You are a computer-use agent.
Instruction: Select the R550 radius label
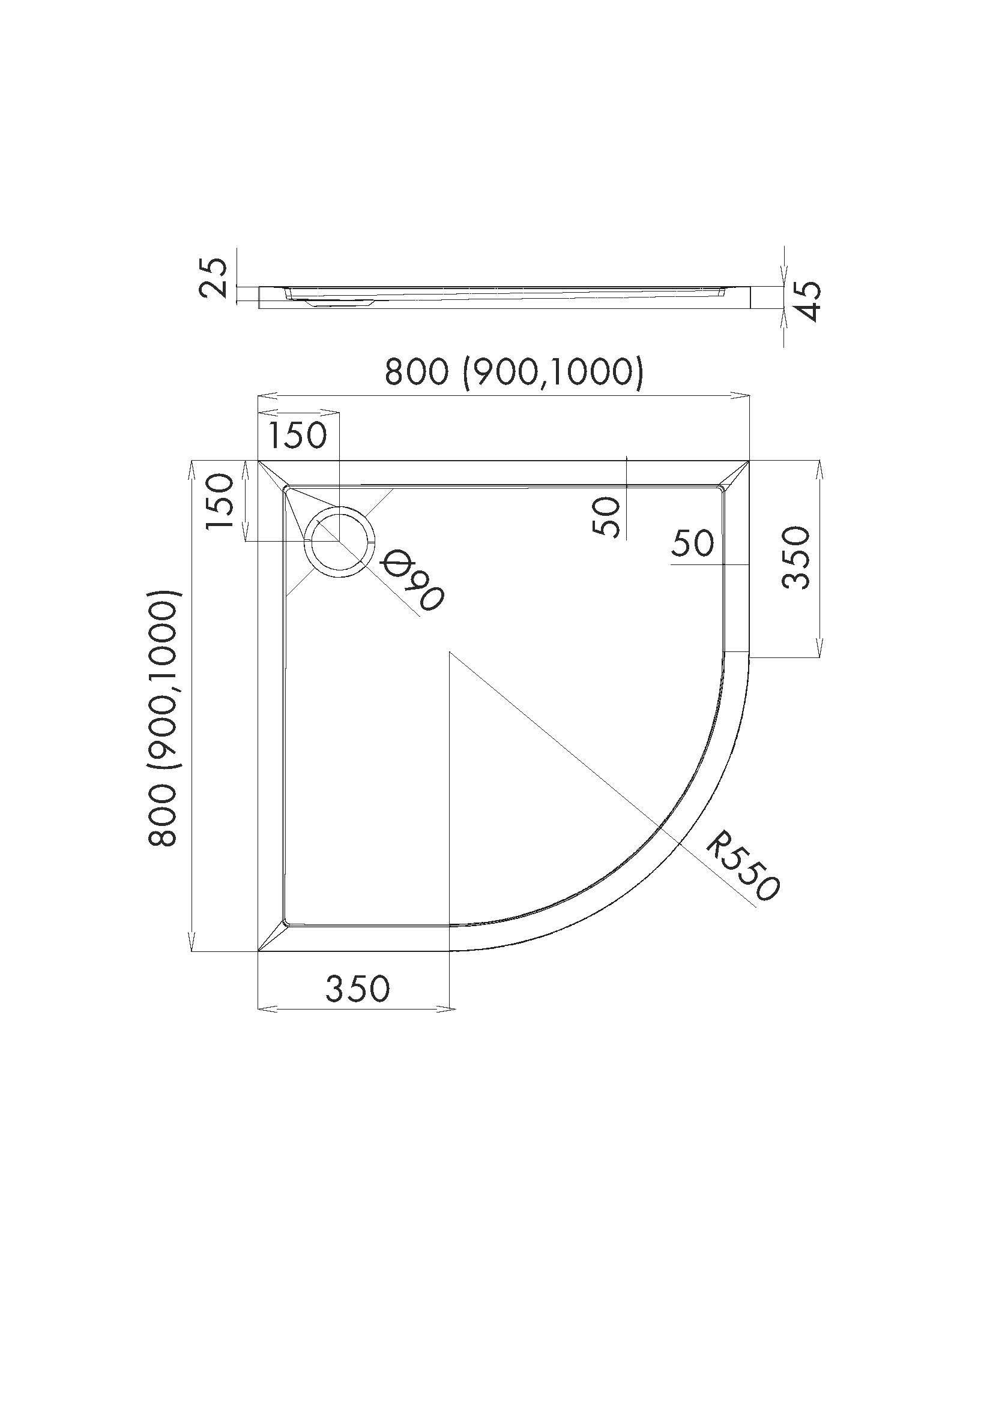click(742, 867)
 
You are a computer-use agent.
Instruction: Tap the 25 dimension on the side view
click(213, 278)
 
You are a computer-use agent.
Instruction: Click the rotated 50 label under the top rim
click(607, 516)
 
